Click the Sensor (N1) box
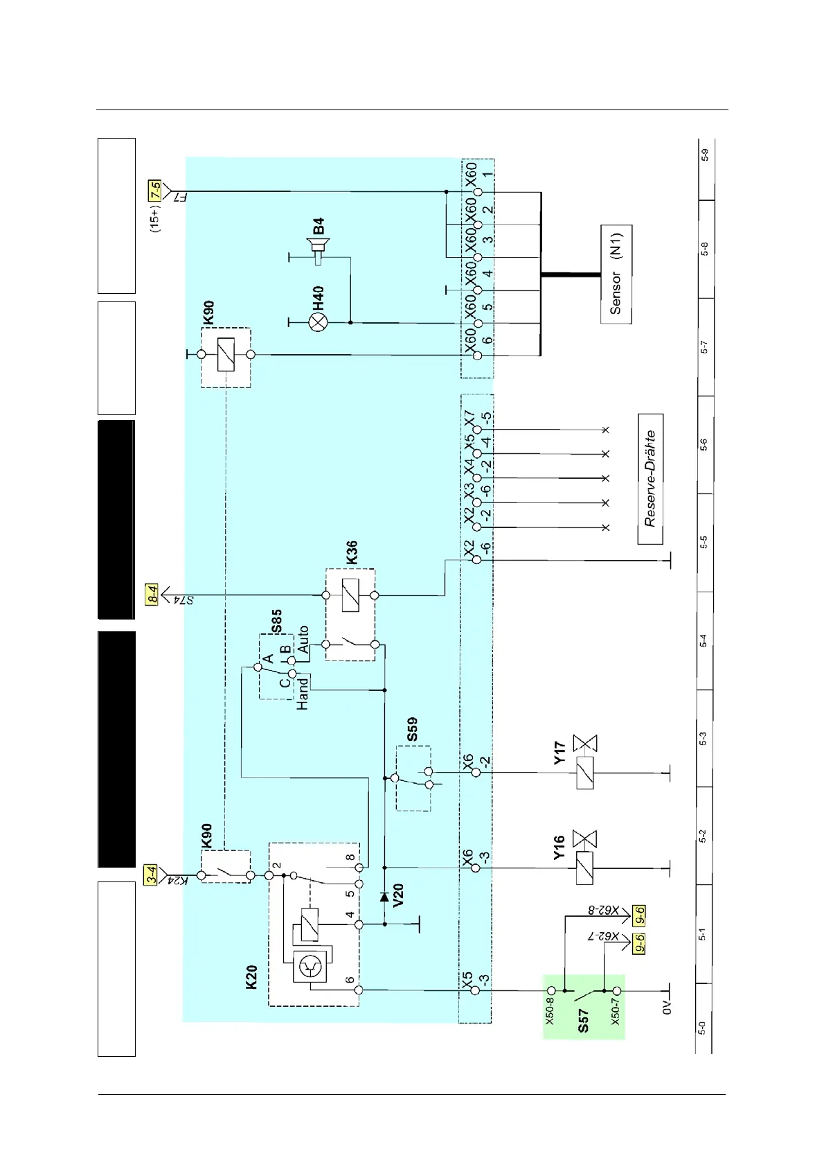[x=616, y=274]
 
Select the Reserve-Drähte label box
[x=650, y=479]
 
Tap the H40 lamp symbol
[x=319, y=322]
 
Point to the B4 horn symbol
[x=318, y=250]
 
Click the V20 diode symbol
[x=384, y=897]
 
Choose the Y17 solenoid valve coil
[x=585, y=772]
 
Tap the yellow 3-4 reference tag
[x=152, y=875]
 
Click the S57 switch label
[x=583, y=1021]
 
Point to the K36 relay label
[x=352, y=552]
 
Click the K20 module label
[x=251, y=977]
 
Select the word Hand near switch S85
[x=303, y=694]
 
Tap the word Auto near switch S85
[x=303, y=640]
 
